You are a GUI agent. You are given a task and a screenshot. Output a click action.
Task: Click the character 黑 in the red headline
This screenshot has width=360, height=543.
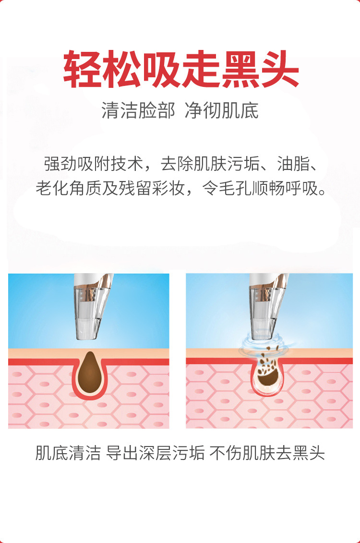[241, 69]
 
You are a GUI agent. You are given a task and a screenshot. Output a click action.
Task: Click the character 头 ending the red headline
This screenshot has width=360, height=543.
[280, 69]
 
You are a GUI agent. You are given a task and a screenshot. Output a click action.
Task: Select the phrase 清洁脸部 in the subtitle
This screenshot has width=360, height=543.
[138, 111]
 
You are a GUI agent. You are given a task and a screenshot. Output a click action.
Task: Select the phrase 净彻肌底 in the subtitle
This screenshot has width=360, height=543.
[222, 111]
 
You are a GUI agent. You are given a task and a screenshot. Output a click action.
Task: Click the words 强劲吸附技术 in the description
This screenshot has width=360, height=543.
[94, 164]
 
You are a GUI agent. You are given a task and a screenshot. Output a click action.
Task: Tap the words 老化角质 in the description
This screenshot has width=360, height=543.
[69, 188]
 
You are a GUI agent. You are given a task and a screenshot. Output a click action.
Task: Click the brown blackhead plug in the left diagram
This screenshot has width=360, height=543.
[90, 374]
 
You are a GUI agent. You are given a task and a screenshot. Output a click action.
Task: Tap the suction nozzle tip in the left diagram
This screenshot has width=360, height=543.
[86, 336]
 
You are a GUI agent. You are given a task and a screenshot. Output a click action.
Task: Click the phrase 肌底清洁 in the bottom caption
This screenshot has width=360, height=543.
[68, 453]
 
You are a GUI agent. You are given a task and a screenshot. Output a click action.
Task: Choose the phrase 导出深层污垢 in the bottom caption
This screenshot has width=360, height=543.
[155, 453]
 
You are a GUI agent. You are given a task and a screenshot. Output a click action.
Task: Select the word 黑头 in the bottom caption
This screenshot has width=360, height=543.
[309, 453]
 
